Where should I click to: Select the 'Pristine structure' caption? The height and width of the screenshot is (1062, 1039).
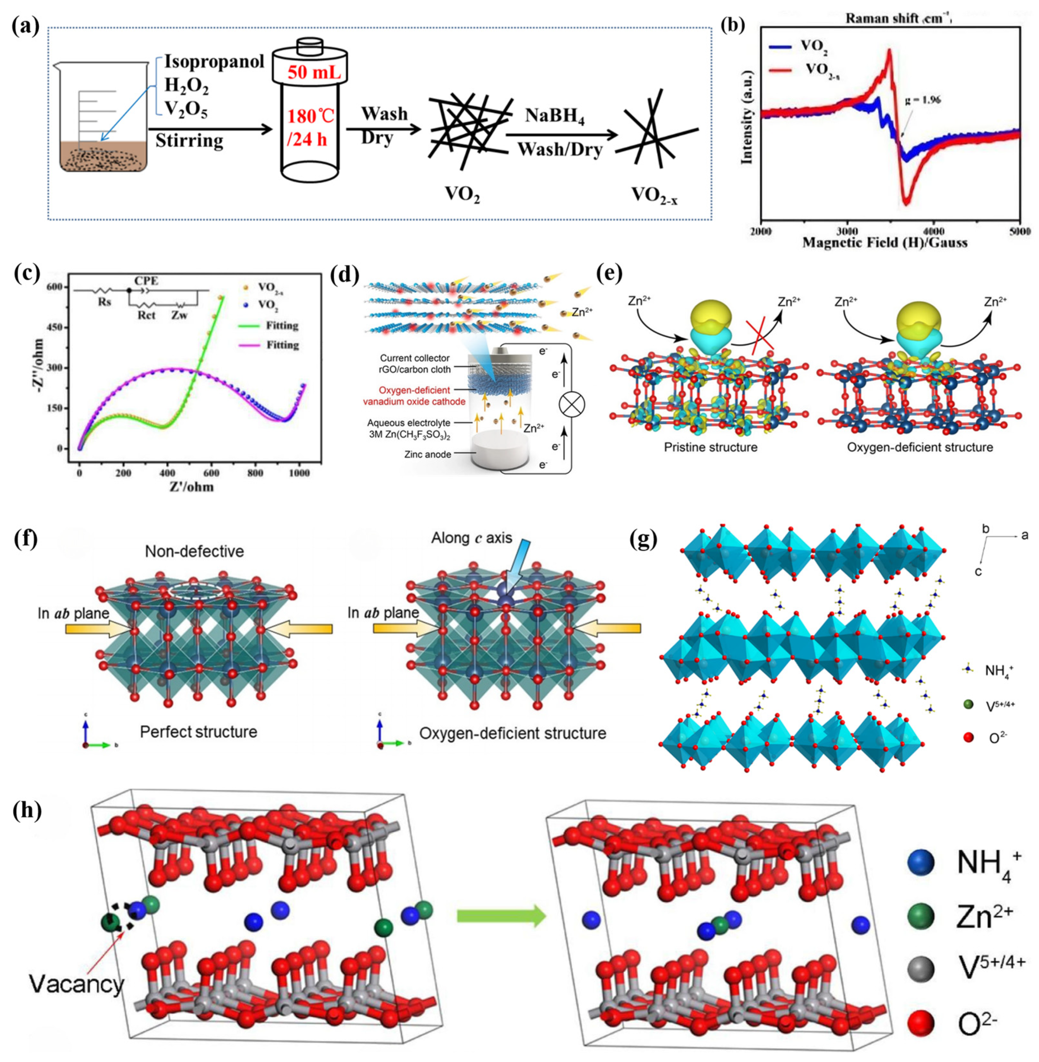(x=711, y=447)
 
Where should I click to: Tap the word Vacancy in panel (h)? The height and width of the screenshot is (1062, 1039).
(x=76, y=985)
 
